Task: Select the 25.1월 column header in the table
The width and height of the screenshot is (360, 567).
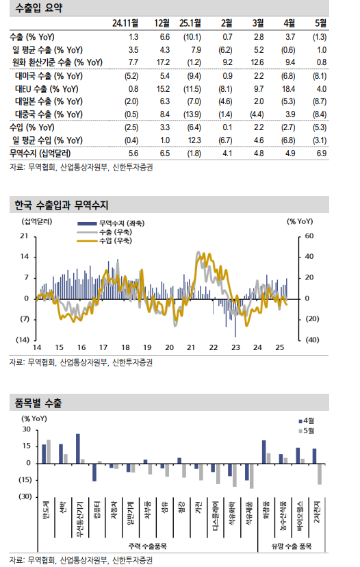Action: pos(190,23)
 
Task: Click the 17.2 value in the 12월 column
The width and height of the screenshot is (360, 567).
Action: pos(164,62)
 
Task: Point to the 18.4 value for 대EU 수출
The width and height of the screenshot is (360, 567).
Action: pos(289,88)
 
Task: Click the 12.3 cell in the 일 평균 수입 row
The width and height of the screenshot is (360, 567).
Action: pos(194,139)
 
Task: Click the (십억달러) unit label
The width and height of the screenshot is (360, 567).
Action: pos(36,220)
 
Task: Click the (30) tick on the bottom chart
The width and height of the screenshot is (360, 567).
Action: pos(25,496)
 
